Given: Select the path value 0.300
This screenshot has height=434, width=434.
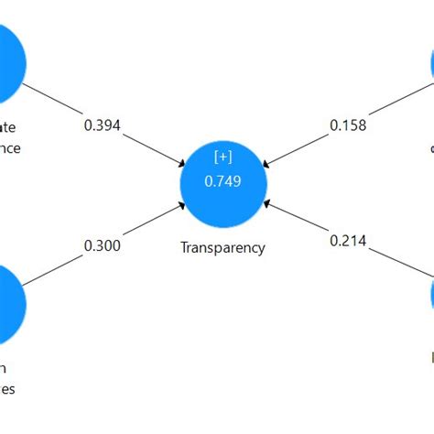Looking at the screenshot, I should click(x=102, y=244).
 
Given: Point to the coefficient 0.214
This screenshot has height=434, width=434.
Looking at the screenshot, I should click(x=348, y=241).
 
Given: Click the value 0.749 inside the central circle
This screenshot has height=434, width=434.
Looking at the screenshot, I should click(x=223, y=181).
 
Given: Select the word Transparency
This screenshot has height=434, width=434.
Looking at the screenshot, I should click(x=223, y=247).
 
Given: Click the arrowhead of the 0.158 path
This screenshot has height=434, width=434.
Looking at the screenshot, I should click(x=266, y=164).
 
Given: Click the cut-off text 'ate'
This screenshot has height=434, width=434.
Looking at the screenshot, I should click(x=8, y=127).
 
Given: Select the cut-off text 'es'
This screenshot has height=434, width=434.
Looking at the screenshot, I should click(x=6, y=387).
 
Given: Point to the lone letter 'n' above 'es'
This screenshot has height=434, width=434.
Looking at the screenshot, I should click(x=3, y=368).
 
